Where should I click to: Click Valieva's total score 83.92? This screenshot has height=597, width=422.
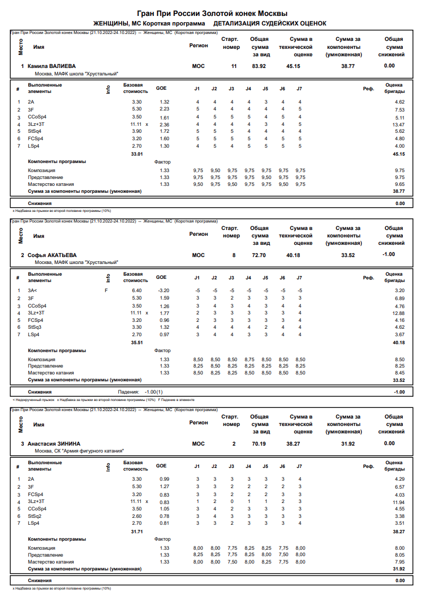(x=259, y=66)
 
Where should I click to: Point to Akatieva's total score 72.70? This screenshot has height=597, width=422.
(x=259, y=255)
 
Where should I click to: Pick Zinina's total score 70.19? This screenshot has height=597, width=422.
(x=259, y=443)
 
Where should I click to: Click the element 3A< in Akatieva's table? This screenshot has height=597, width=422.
(x=33, y=291)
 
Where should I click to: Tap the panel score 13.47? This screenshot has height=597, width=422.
(x=399, y=124)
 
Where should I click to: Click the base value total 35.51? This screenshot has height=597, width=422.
(x=137, y=343)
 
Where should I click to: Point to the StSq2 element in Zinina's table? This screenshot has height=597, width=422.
(x=35, y=516)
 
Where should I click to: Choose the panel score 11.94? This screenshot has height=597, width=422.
(x=399, y=501)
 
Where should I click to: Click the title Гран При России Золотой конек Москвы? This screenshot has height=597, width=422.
(x=212, y=13)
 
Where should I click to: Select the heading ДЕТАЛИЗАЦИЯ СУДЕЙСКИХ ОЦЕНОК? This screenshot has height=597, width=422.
(x=270, y=24)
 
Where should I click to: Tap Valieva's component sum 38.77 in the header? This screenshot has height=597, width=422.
(x=348, y=66)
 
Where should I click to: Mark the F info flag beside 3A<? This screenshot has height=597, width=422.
(x=106, y=291)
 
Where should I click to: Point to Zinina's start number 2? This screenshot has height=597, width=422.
(x=234, y=443)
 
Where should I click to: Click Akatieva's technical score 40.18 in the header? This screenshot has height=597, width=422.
(x=293, y=255)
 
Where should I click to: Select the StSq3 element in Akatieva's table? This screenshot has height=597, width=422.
(x=35, y=328)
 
